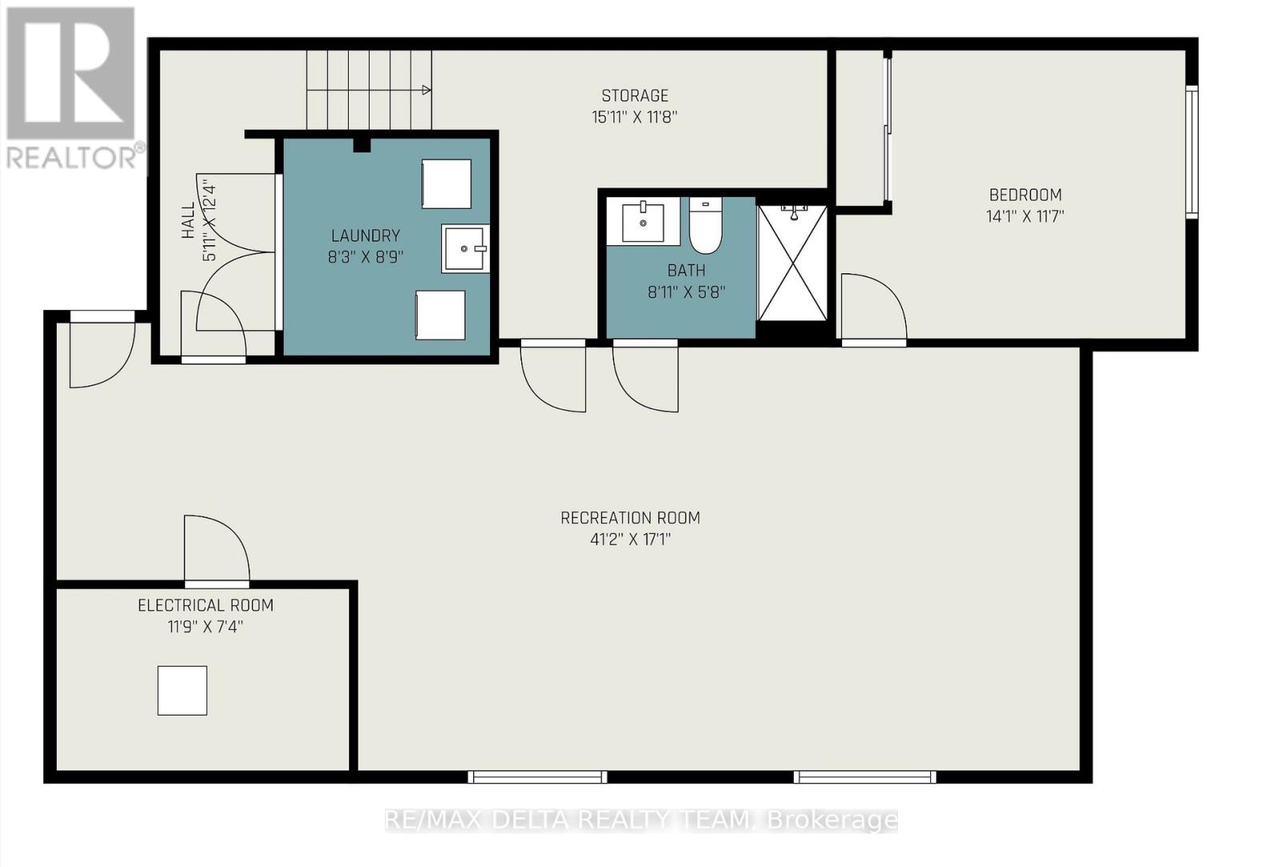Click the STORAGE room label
[x=634, y=95]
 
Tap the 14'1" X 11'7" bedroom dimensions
[x=1025, y=216]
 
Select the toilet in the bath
[x=706, y=225]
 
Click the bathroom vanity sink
[x=643, y=221]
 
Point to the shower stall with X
[x=792, y=264]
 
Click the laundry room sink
[x=465, y=248]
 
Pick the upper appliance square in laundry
[x=447, y=184]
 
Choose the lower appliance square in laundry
[x=440, y=315]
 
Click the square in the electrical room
[x=182, y=690]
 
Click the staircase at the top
[x=369, y=89]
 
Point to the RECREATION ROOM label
[x=630, y=518]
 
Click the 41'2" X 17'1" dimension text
[x=630, y=539]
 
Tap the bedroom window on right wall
[x=1192, y=152]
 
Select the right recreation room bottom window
[x=864, y=776]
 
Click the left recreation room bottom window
[x=537, y=776]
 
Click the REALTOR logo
[x=73, y=88]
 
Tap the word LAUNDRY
[x=366, y=236]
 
